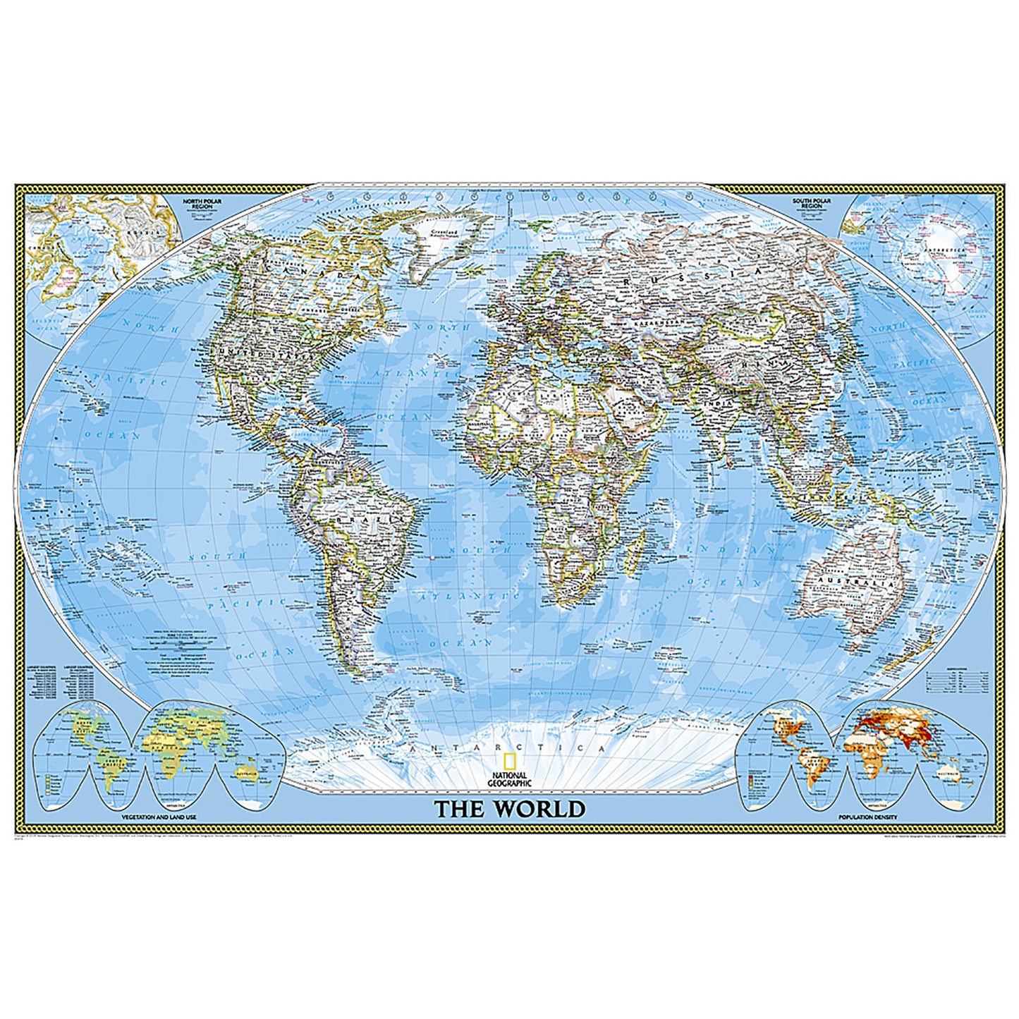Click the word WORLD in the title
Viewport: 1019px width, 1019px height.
[x=539, y=808]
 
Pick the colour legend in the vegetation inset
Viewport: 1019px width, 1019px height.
[x=48, y=783]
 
